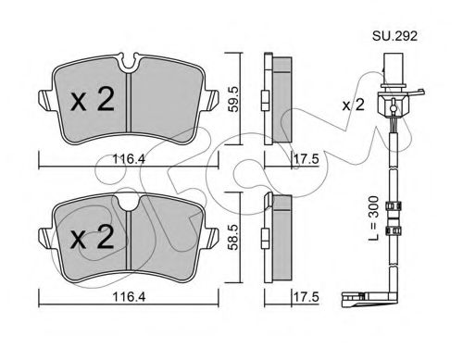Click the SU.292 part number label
(394, 36)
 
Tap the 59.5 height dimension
(233, 99)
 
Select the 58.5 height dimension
(233, 237)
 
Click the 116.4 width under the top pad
(129, 159)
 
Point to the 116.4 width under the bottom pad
(129, 297)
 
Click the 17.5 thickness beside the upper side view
(306, 160)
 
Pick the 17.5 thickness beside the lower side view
(306, 297)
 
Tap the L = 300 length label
(374, 218)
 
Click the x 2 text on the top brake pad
(93, 98)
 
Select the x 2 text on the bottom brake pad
(93, 237)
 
